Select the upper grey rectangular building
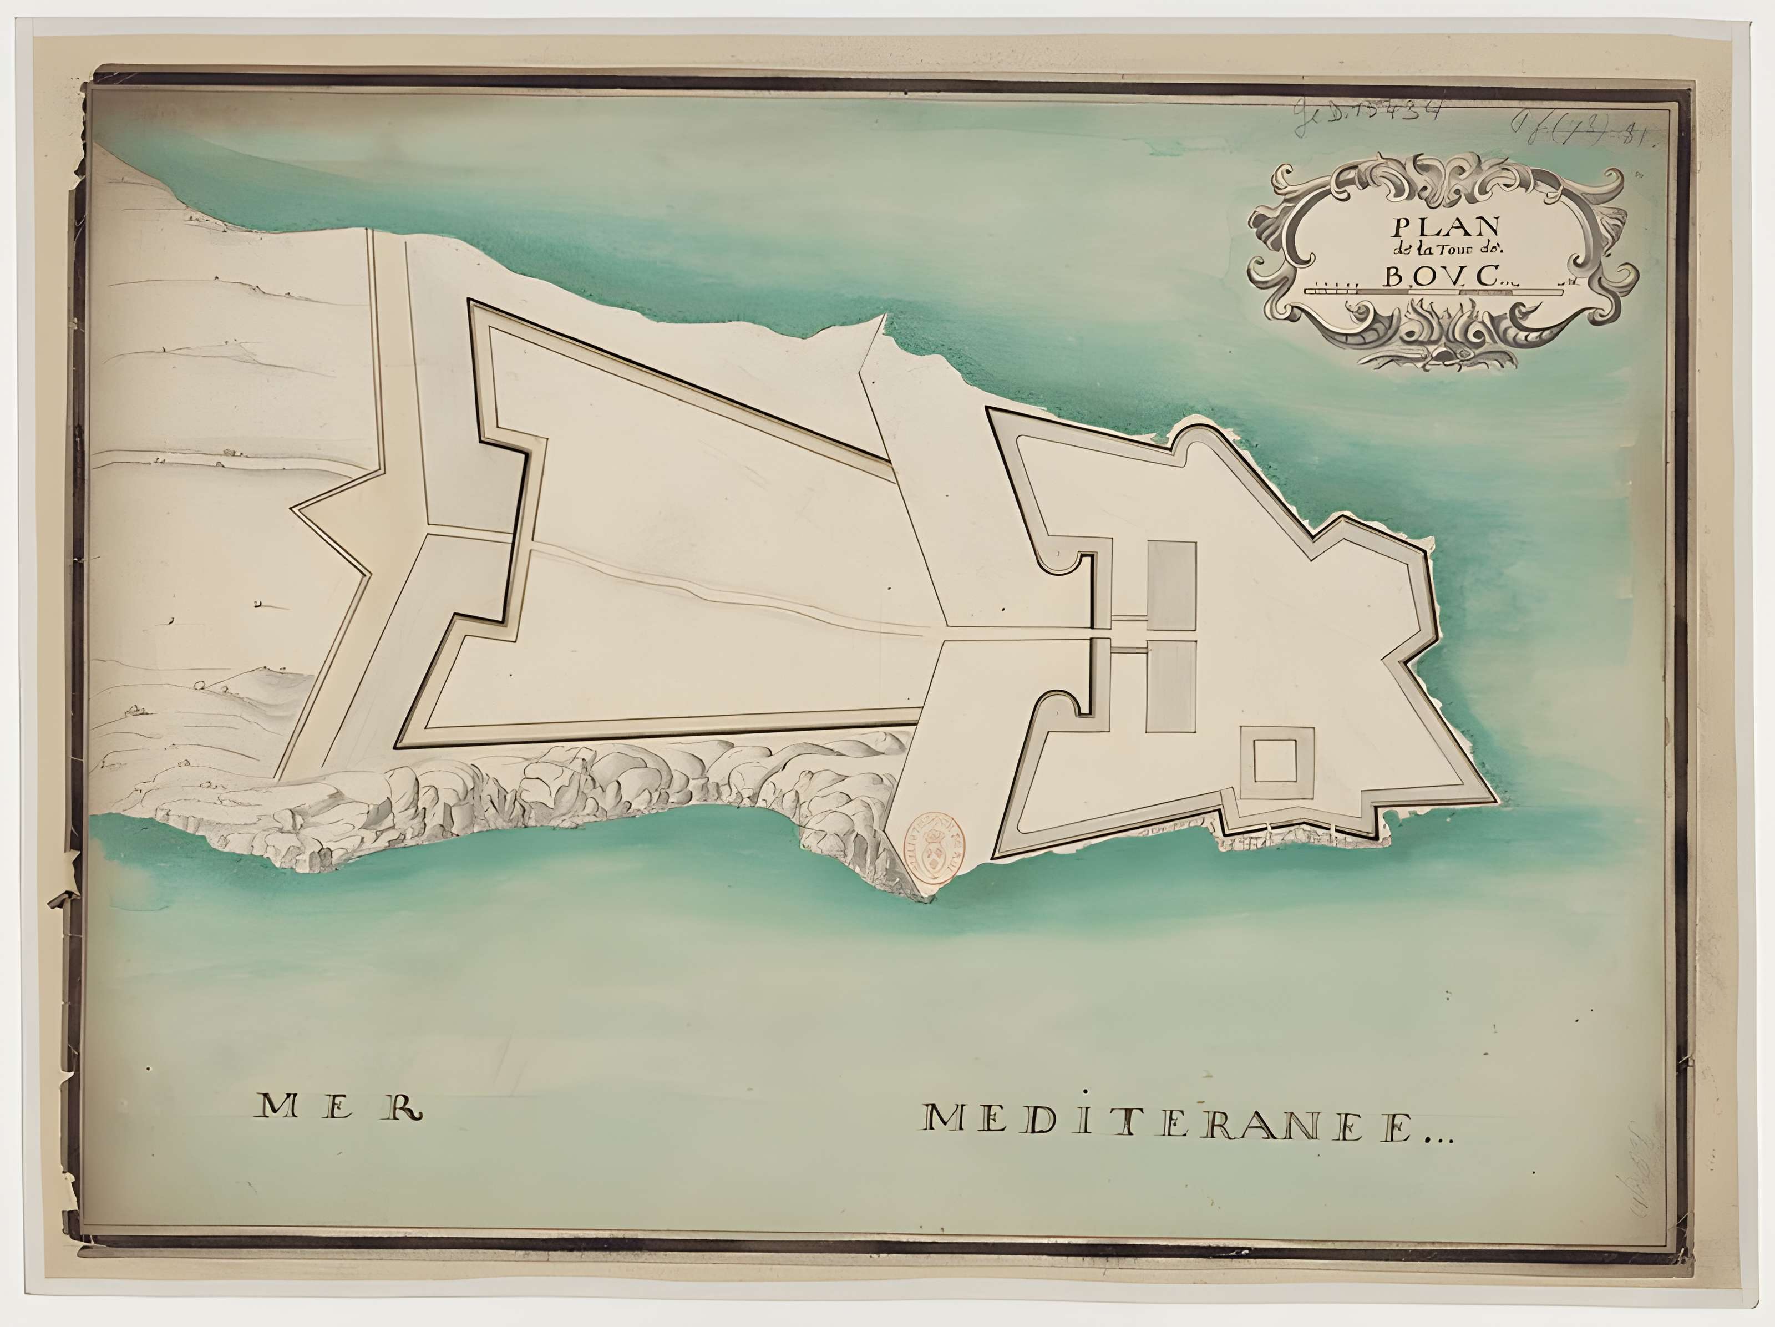pos(1171,586)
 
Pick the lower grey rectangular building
pos(1171,686)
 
